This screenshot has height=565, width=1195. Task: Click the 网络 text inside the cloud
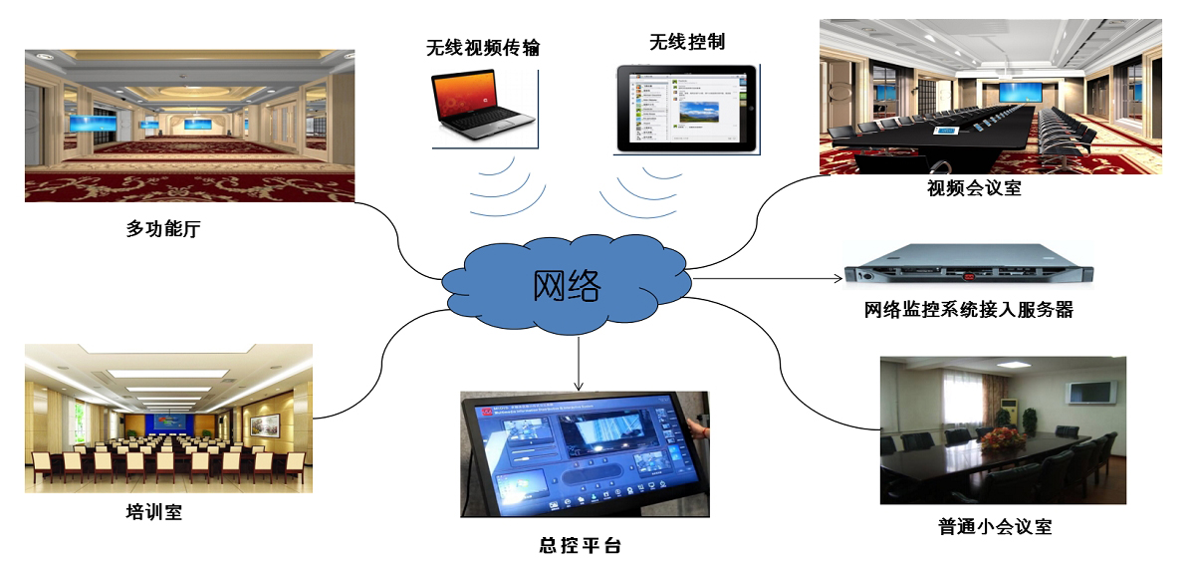click(567, 286)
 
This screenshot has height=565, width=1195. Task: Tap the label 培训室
click(154, 512)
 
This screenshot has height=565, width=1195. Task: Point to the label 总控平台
click(579, 545)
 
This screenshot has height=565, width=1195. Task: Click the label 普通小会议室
click(995, 526)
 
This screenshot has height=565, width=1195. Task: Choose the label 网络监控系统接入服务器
click(968, 310)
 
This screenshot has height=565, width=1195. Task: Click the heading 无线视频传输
click(483, 47)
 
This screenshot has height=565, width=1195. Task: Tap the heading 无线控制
click(686, 42)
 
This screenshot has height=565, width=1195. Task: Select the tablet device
click(685, 109)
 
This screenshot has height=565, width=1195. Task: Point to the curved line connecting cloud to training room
click(378, 369)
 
